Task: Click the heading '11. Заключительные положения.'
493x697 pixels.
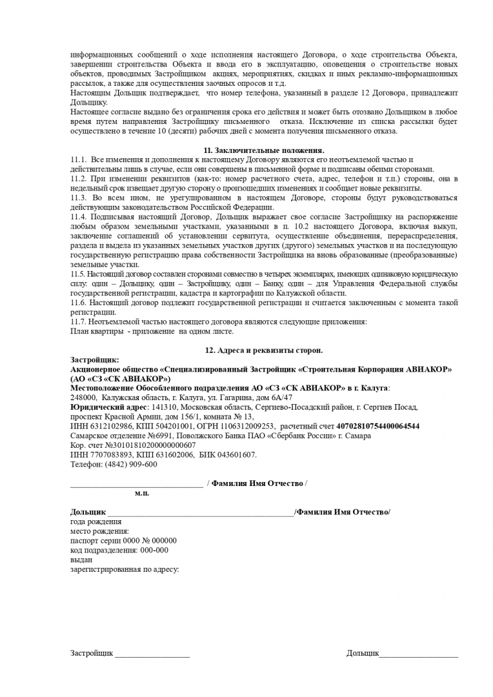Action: tap(264, 150)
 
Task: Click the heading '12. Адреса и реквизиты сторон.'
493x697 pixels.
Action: tap(264, 350)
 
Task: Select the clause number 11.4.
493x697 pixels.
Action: tap(78, 217)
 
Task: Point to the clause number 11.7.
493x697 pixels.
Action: tap(78, 321)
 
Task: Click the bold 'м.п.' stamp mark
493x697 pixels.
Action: tap(142, 493)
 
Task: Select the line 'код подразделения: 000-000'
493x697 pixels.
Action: tap(119, 550)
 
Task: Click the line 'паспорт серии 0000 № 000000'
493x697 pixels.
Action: tap(123, 540)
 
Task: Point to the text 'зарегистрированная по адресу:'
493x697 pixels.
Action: tap(125, 569)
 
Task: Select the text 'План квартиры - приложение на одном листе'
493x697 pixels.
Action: tap(152, 331)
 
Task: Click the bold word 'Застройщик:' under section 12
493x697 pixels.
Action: tap(94, 360)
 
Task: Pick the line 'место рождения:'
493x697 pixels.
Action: tap(99, 531)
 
